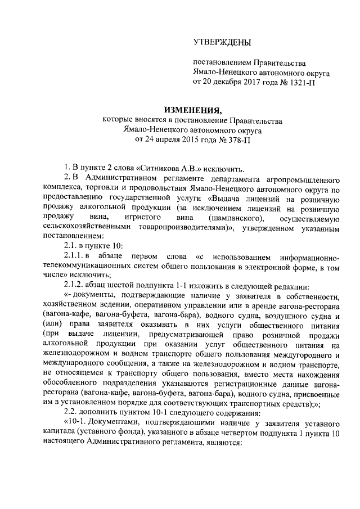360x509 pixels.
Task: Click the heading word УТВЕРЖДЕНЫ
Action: point(222,43)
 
